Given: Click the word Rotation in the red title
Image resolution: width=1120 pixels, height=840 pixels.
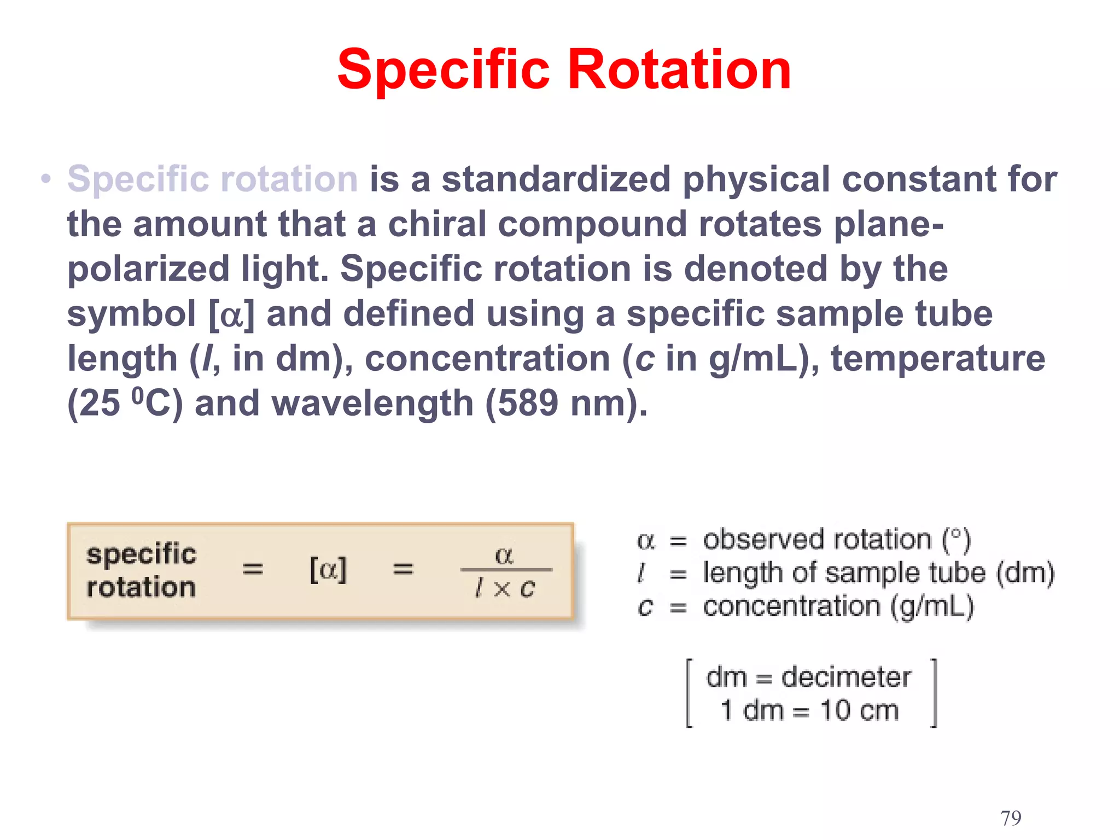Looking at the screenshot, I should [x=679, y=69].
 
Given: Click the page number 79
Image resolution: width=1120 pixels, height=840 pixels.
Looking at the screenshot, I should [x=1011, y=818].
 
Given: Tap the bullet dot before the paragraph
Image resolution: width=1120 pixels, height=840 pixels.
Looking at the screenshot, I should [x=46, y=179].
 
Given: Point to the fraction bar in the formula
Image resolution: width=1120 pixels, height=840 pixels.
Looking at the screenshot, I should [x=506, y=570].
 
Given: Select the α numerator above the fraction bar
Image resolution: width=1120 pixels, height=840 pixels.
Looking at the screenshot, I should [x=504, y=555].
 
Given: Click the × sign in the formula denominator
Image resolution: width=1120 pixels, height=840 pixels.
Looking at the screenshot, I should [x=501, y=589].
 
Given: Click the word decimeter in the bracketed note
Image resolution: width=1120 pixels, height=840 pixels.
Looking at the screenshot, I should [x=845, y=677].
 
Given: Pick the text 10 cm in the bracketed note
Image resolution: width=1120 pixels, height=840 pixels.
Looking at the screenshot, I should [x=859, y=710].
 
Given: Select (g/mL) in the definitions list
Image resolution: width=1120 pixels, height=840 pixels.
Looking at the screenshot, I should [x=932, y=607].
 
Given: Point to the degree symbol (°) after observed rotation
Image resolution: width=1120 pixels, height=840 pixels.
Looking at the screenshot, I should [x=956, y=536].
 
